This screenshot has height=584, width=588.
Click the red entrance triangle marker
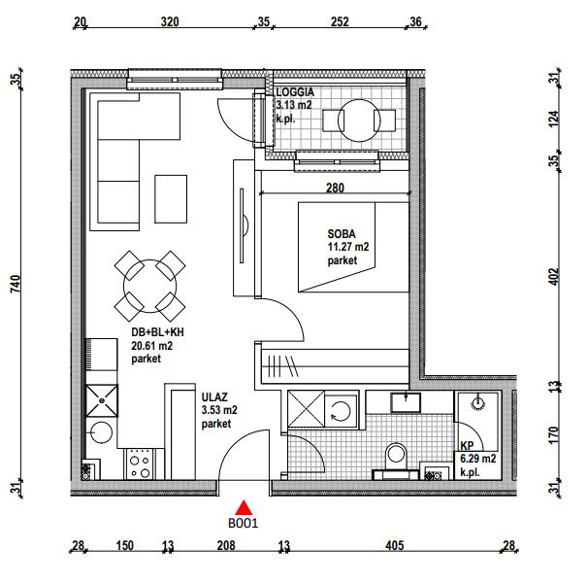(x=245, y=507)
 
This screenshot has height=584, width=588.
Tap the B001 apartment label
(x=243, y=524)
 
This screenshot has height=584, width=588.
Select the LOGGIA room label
(x=295, y=92)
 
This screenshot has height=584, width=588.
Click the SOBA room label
(x=342, y=234)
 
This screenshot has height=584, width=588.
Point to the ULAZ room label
(x=214, y=397)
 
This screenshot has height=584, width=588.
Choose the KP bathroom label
(x=467, y=446)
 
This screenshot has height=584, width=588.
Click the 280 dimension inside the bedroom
(x=335, y=188)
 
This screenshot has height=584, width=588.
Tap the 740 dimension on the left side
(x=16, y=284)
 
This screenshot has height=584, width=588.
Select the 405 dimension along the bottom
(x=395, y=545)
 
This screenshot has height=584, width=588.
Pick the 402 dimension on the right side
(x=553, y=277)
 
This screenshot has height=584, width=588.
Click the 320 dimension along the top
(x=170, y=21)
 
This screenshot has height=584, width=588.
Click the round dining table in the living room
(x=150, y=287)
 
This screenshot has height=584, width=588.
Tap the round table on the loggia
(x=359, y=120)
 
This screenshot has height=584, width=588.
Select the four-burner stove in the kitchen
(x=139, y=464)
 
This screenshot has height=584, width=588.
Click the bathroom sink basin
(x=406, y=402)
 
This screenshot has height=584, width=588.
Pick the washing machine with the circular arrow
(x=341, y=409)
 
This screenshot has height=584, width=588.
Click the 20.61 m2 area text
(x=152, y=346)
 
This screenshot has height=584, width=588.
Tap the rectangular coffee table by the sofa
(x=171, y=199)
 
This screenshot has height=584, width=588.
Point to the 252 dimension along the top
(x=340, y=21)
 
